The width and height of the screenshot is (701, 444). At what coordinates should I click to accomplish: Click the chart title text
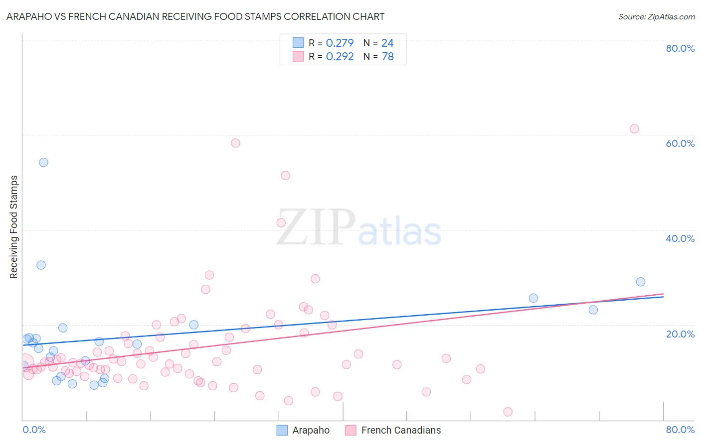[x=195, y=16]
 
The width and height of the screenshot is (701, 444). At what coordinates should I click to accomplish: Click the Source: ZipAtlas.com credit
[x=656, y=16]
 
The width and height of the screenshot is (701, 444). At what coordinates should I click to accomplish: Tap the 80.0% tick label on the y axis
[x=680, y=48]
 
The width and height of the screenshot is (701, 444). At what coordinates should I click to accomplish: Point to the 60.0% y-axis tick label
[x=680, y=143]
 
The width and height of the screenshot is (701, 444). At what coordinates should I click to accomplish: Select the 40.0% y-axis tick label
[x=680, y=238]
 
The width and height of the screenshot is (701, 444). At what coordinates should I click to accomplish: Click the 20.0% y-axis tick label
[x=680, y=333]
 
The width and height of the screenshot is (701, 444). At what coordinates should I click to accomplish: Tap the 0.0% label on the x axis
[x=34, y=430]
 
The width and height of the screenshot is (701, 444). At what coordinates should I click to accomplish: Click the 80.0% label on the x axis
[x=680, y=430]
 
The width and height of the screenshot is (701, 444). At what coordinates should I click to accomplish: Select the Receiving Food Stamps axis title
[x=14, y=227]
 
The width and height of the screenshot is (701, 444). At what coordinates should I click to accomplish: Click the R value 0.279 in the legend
[x=340, y=43]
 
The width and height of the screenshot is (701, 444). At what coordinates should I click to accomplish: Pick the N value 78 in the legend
[x=387, y=57]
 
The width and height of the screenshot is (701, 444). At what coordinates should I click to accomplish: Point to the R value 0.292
[x=340, y=57]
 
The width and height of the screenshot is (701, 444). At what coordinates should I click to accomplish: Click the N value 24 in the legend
[x=387, y=43]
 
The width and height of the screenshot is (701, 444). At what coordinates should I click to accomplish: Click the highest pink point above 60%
[x=634, y=129]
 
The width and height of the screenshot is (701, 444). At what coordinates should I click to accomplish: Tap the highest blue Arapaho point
[x=43, y=162]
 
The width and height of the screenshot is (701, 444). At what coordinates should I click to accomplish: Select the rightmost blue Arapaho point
[x=641, y=282]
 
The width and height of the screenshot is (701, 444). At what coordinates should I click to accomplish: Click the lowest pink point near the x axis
[x=508, y=412]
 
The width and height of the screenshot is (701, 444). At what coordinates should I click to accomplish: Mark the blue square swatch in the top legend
[x=298, y=43]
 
